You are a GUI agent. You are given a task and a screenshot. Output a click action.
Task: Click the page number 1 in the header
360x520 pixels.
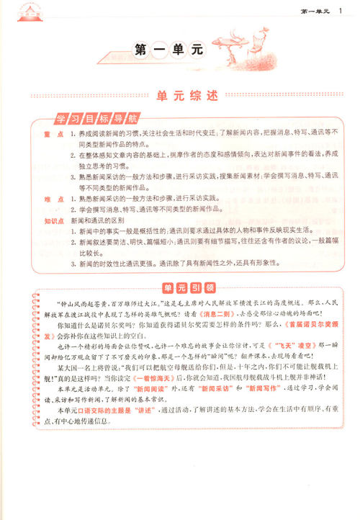coord(340,9)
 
